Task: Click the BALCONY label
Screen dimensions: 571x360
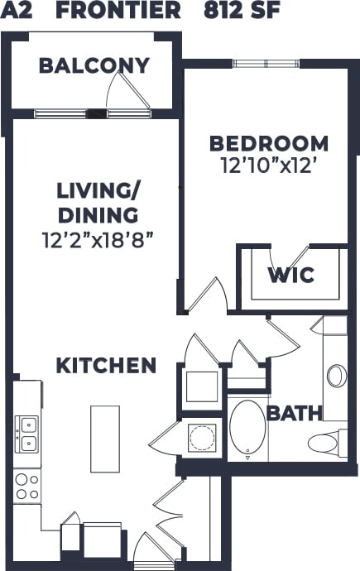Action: (94, 65)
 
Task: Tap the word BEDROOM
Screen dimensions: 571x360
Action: (268, 142)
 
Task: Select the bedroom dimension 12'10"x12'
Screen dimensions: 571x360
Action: (268, 166)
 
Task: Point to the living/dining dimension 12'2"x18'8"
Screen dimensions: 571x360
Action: (98, 241)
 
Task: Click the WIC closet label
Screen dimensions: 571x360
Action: (290, 275)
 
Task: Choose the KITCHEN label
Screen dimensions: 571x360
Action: (106, 365)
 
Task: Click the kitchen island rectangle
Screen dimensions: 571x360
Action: (105, 439)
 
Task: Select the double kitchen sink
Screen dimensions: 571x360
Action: (27, 434)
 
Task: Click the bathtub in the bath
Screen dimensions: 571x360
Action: (247, 429)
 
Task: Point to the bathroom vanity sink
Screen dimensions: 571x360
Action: (336, 376)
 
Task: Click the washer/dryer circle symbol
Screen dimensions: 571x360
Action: (200, 436)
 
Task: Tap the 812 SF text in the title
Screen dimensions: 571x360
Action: (241, 11)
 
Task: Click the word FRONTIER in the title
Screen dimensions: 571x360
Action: (118, 11)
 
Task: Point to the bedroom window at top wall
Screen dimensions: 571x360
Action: (257, 64)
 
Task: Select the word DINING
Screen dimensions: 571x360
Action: (98, 216)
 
